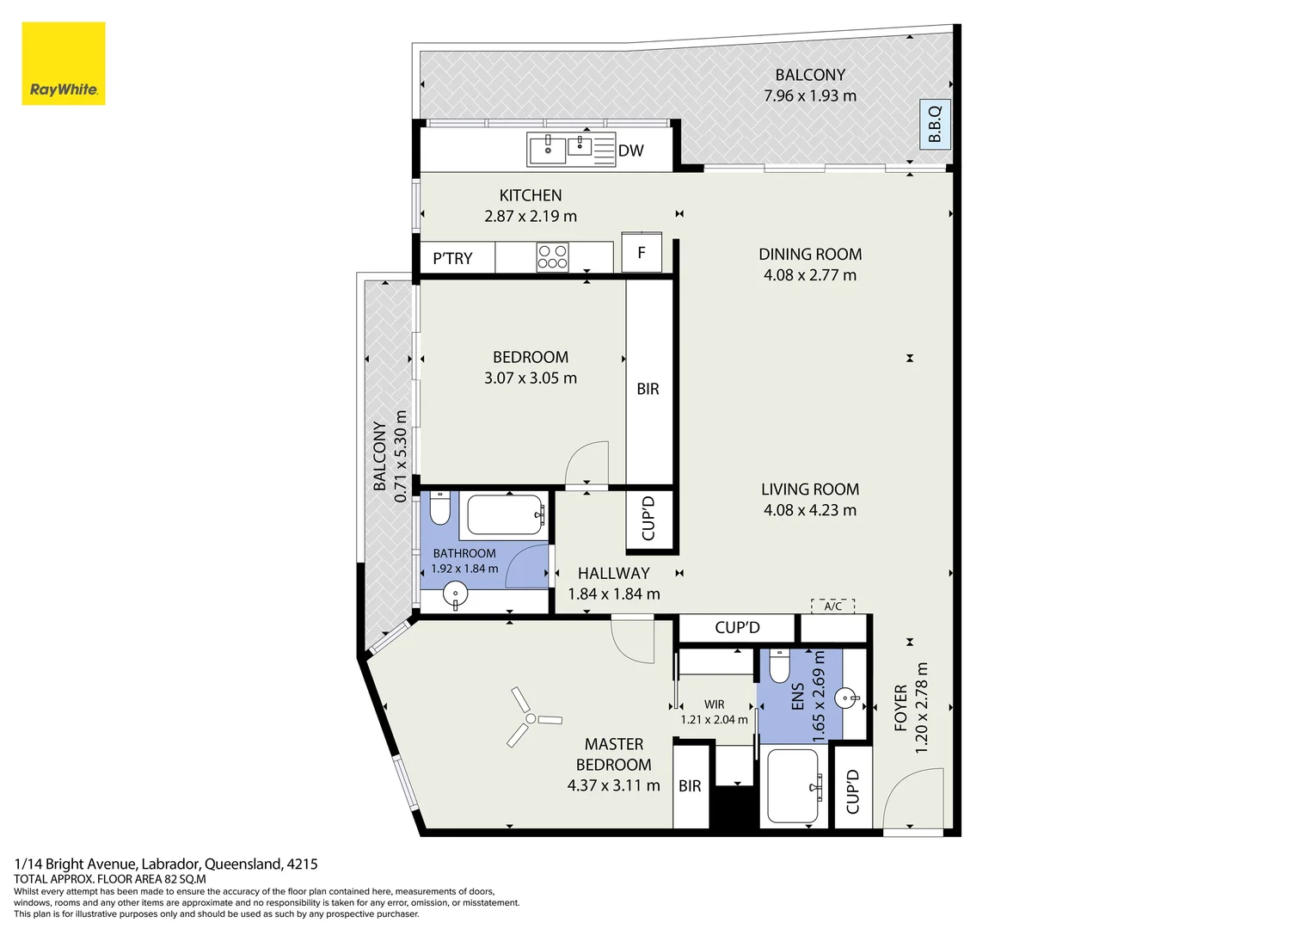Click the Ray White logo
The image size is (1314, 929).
click(63, 64)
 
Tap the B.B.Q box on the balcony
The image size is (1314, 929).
click(935, 125)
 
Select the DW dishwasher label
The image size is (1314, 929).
click(630, 151)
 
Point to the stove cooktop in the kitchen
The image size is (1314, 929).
click(552, 257)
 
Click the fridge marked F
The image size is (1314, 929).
click(642, 253)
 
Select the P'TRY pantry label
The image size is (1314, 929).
click(452, 258)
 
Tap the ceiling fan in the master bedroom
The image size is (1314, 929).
click(531, 717)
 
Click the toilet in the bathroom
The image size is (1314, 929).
click(439, 508)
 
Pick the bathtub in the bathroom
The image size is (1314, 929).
click(506, 515)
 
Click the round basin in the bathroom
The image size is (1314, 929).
click(454, 593)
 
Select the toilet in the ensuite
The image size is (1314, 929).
click(779, 666)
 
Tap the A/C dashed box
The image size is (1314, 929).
click(832, 606)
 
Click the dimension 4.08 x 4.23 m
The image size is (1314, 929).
click(809, 510)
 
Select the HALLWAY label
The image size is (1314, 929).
click(613, 573)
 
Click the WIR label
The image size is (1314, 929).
click(714, 704)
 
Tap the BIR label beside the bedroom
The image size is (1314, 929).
click(648, 389)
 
